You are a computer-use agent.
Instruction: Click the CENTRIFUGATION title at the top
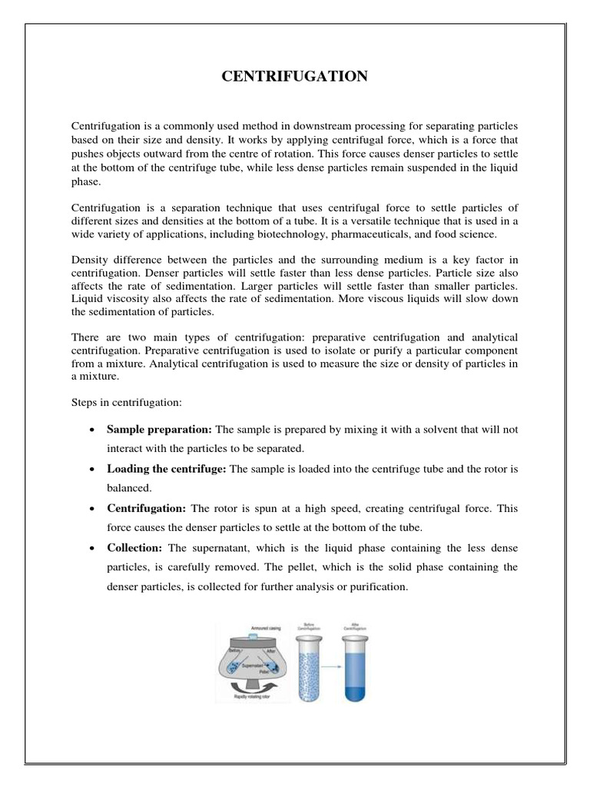294,75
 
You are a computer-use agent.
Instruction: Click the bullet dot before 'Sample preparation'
92,429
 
